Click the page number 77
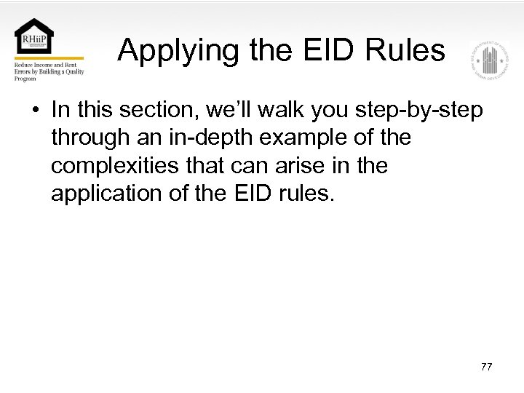[x=486, y=367]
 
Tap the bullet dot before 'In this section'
[x=35, y=111]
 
